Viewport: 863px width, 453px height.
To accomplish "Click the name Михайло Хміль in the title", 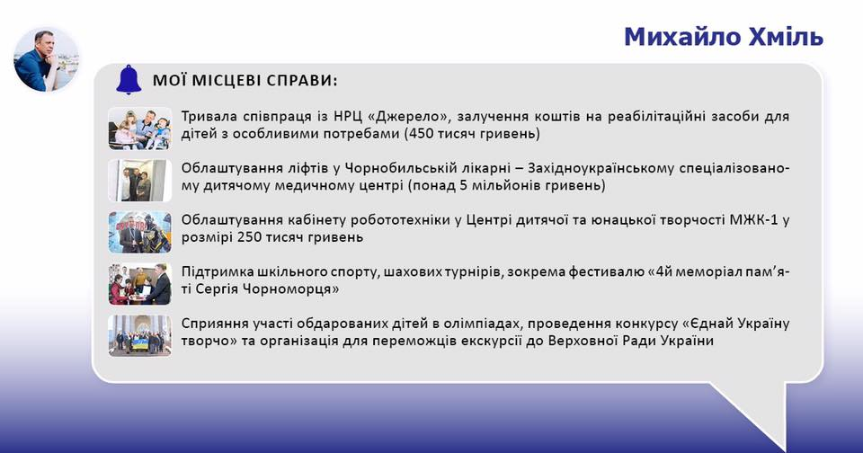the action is point(723,37).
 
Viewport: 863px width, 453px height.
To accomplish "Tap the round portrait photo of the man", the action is point(46,59).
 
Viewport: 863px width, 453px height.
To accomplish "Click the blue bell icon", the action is point(129,80).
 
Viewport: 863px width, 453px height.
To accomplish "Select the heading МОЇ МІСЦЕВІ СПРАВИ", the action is point(245,81).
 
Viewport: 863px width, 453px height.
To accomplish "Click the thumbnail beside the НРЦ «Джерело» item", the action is point(140,129).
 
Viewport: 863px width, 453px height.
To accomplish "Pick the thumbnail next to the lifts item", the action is point(140,180).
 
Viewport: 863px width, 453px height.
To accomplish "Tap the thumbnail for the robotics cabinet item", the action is point(140,232).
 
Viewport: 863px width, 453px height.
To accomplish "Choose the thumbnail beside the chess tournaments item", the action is point(140,284).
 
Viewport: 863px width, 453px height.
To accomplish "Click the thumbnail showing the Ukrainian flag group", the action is point(140,336).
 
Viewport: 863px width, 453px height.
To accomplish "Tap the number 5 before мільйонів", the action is point(464,185).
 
